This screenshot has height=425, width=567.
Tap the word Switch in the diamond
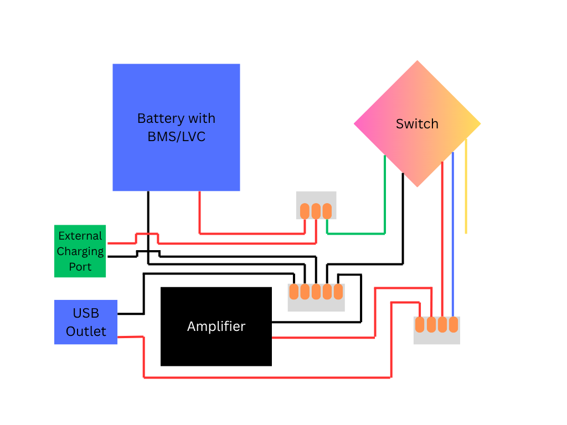(x=417, y=124)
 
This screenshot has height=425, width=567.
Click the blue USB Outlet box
(x=86, y=322)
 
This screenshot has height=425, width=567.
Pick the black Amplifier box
(x=216, y=349)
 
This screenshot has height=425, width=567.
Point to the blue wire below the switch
(x=453, y=232)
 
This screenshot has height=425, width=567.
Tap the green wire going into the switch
(x=384, y=194)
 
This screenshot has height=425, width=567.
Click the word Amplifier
(x=216, y=326)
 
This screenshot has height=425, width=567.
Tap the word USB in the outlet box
(x=86, y=313)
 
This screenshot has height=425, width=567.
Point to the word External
(x=80, y=236)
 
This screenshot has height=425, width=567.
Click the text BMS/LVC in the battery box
(x=176, y=137)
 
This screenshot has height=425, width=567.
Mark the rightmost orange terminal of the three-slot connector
(x=327, y=211)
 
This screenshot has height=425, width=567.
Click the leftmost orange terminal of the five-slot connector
(x=293, y=292)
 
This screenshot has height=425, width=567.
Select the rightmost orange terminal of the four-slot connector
(x=453, y=324)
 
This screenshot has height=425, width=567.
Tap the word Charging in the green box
(x=80, y=251)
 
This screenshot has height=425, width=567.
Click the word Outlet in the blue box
(x=86, y=331)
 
